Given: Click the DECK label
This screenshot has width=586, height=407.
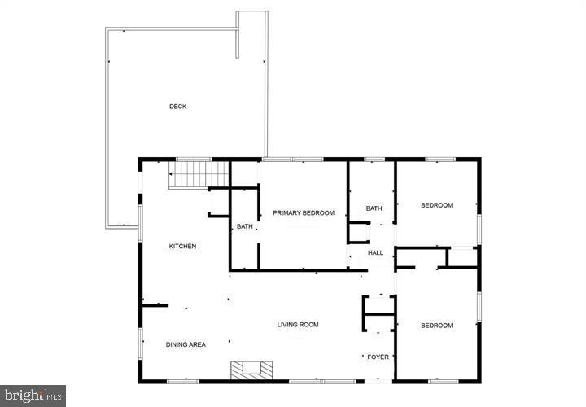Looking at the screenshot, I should tap(177, 107).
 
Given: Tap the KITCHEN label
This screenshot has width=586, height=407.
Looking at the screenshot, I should tap(182, 247).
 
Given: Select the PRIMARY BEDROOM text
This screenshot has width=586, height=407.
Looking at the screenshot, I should tap(304, 213).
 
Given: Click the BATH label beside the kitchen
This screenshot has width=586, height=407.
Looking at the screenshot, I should tap(244, 226).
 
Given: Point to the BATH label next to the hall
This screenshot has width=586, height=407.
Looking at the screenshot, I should tap(374, 209).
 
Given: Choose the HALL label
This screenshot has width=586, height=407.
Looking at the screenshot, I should tap(375, 253).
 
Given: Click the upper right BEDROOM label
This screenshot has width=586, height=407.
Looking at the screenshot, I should tap(436, 205).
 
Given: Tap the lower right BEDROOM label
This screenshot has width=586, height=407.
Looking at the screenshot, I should tap(436, 326).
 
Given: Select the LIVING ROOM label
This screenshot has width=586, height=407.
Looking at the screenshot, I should tap(298, 325).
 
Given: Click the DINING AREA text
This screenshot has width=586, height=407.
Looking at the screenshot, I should tap(186, 345).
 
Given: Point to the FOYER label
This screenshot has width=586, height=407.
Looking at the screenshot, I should tap(378, 357).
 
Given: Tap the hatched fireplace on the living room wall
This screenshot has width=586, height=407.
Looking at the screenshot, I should tap(250, 370).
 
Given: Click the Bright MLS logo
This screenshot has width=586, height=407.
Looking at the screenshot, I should tap(33, 395).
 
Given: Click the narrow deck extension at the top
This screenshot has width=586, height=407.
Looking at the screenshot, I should tap(251, 33).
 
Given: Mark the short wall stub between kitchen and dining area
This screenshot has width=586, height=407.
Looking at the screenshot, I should tap(155, 306).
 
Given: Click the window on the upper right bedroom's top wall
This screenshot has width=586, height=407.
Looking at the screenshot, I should tap(439, 160).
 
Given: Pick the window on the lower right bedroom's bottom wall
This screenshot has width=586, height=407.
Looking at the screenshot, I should tap(444, 381).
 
